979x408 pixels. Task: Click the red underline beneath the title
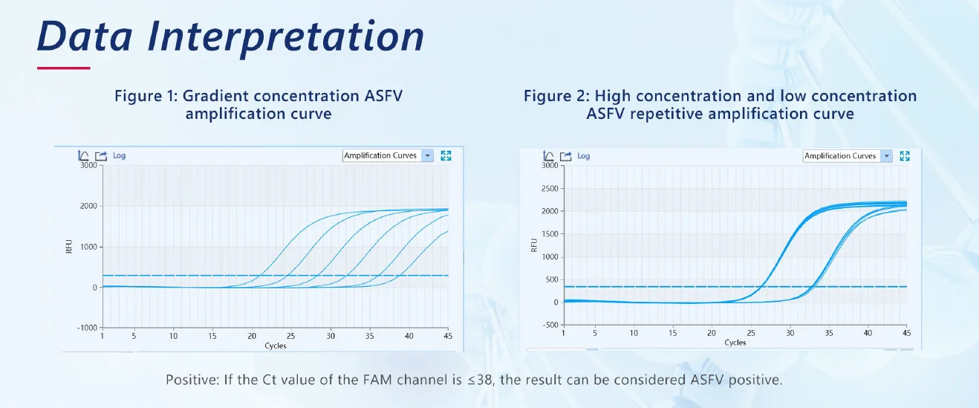click(x=64, y=68)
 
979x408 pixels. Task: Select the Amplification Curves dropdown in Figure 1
click(x=388, y=155)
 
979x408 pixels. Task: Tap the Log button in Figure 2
click(x=584, y=156)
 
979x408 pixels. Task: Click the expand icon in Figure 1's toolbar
click(x=446, y=155)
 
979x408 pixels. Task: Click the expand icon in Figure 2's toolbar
click(x=905, y=156)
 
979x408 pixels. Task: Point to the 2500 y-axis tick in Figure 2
click(x=550, y=189)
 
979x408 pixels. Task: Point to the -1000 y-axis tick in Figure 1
click(x=88, y=328)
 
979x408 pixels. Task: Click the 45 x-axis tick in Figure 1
click(x=448, y=336)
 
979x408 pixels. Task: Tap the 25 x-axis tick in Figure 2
click(x=751, y=333)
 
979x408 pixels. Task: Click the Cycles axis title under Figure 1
click(x=276, y=346)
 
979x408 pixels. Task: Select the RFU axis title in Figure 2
click(x=533, y=245)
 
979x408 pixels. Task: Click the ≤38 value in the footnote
click(x=480, y=380)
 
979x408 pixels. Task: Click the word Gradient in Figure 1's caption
click(x=215, y=96)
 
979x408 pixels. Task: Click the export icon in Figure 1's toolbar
click(x=101, y=155)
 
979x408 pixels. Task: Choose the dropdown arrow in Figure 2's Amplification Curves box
click(x=886, y=156)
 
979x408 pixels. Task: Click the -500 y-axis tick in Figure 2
click(x=552, y=325)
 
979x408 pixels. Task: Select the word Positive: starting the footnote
click(x=192, y=380)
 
